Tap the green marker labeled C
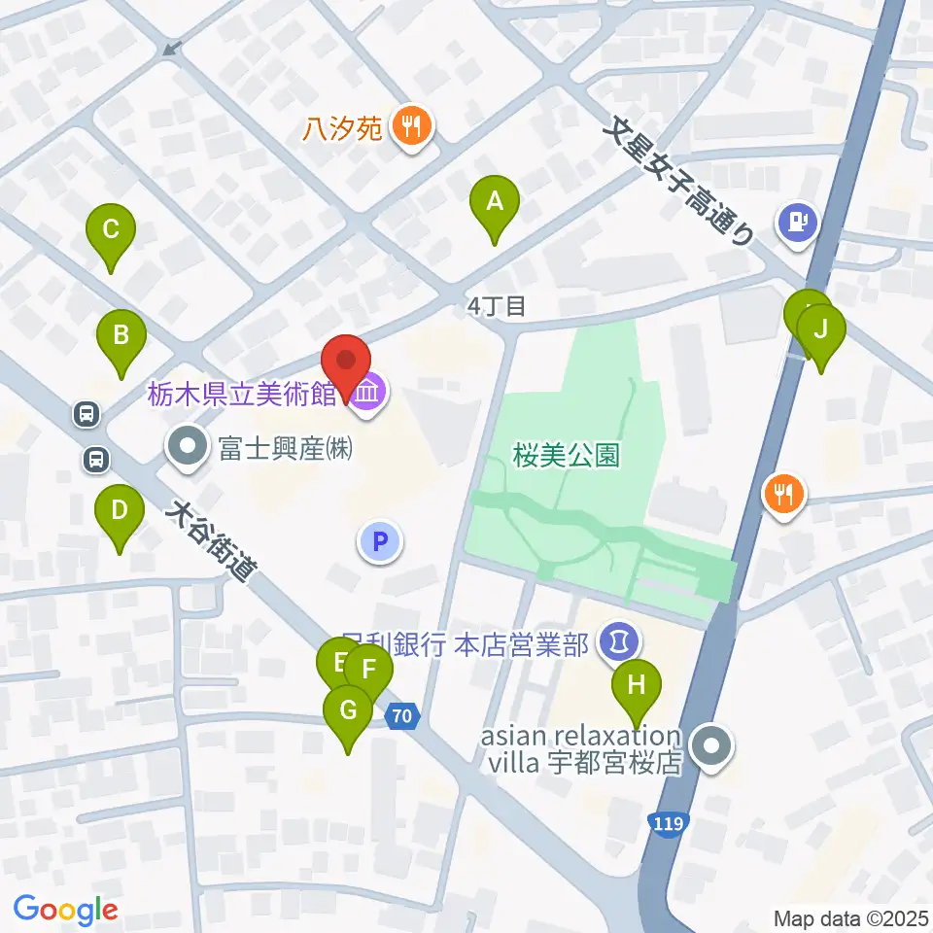(111, 231)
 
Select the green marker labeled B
(121, 337)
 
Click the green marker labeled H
(636, 686)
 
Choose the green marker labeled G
(348, 711)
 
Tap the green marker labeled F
(369, 671)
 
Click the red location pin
(346, 362)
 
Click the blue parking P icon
(381, 541)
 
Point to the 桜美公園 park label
(567, 455)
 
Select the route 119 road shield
(669, 823)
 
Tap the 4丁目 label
(497, 307)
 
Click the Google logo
(65, 910)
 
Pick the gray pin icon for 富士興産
(187, 448)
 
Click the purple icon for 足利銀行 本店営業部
(620, 641)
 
